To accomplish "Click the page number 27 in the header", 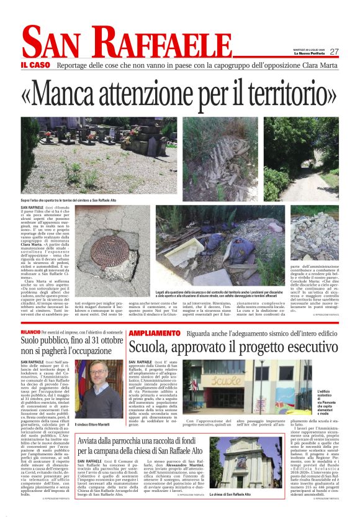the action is point(334,52).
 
